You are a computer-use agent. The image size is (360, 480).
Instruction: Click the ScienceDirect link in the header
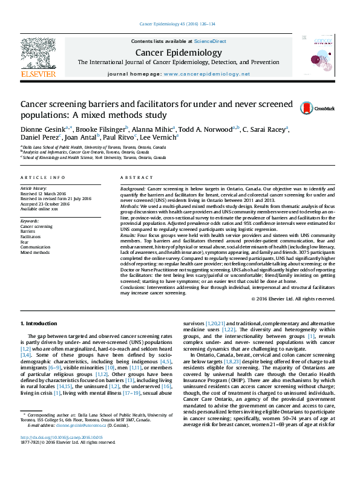point(210,41)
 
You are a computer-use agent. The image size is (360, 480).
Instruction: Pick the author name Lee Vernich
point(161,137)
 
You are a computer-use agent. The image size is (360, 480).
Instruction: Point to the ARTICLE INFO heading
point(42,177)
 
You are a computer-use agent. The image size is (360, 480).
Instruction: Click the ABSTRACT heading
point(133,177)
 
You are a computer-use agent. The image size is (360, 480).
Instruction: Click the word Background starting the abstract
point(133,189)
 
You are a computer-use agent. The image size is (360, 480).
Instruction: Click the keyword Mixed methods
point(35,252)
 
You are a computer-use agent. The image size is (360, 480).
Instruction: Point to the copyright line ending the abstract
point(293,299)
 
